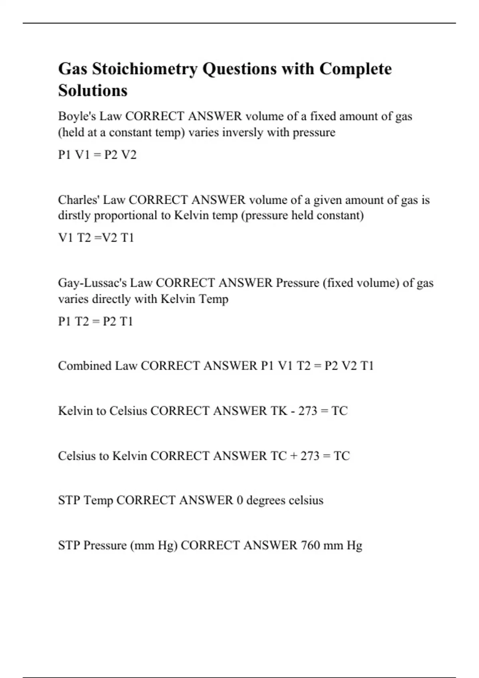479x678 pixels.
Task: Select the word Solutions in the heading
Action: click(93, 91)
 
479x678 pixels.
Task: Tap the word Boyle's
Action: click(77, 116)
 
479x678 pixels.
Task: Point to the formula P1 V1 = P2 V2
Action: click(97, 155)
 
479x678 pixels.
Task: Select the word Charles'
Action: click(79, 199)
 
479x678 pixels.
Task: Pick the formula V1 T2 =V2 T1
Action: click(96, 238)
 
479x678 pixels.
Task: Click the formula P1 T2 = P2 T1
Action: click(95, 321)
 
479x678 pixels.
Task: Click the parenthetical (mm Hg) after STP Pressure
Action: click(154, 545)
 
